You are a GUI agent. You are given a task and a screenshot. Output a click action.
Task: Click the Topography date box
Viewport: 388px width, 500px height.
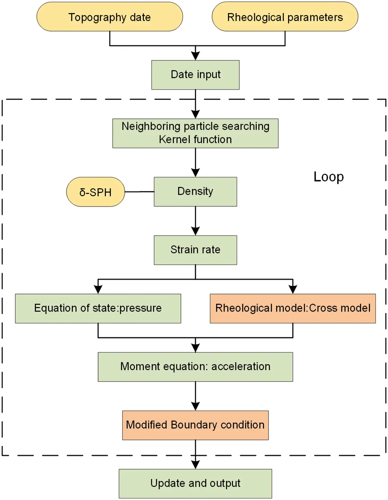click(x=110, y=17)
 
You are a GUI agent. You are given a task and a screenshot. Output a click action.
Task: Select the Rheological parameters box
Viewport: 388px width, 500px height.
click(x=285, y=17)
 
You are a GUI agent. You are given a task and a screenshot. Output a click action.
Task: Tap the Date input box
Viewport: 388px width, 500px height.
click(x=195, y=75)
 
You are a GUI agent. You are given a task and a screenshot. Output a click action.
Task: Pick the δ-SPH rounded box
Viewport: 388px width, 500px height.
click(x=95, y=192)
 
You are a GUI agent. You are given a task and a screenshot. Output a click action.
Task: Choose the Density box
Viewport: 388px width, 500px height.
click(x=195, y=191)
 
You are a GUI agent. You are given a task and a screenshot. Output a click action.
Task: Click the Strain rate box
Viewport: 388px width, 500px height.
click(x=195, y=250)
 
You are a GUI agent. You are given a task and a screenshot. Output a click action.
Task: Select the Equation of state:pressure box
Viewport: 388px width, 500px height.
click(x=98, y=308)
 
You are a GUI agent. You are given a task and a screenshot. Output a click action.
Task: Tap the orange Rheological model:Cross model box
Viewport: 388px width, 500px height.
click(x=292, y=308)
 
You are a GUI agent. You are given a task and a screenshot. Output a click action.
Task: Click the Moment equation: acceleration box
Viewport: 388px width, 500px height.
click(x=195, y=367)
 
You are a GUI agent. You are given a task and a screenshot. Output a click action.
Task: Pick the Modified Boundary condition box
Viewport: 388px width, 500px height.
click(x=195, y=425)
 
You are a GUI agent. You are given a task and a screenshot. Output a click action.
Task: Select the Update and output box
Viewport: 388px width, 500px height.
click(x=195, y=483)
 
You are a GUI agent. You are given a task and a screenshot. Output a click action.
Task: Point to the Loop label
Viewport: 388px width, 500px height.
click(x=328, y=177)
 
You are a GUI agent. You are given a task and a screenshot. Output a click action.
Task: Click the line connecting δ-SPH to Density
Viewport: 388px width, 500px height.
click(x=139, y=192)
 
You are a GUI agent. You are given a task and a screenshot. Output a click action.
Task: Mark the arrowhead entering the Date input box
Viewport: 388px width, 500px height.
click(x=195, y=56)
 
